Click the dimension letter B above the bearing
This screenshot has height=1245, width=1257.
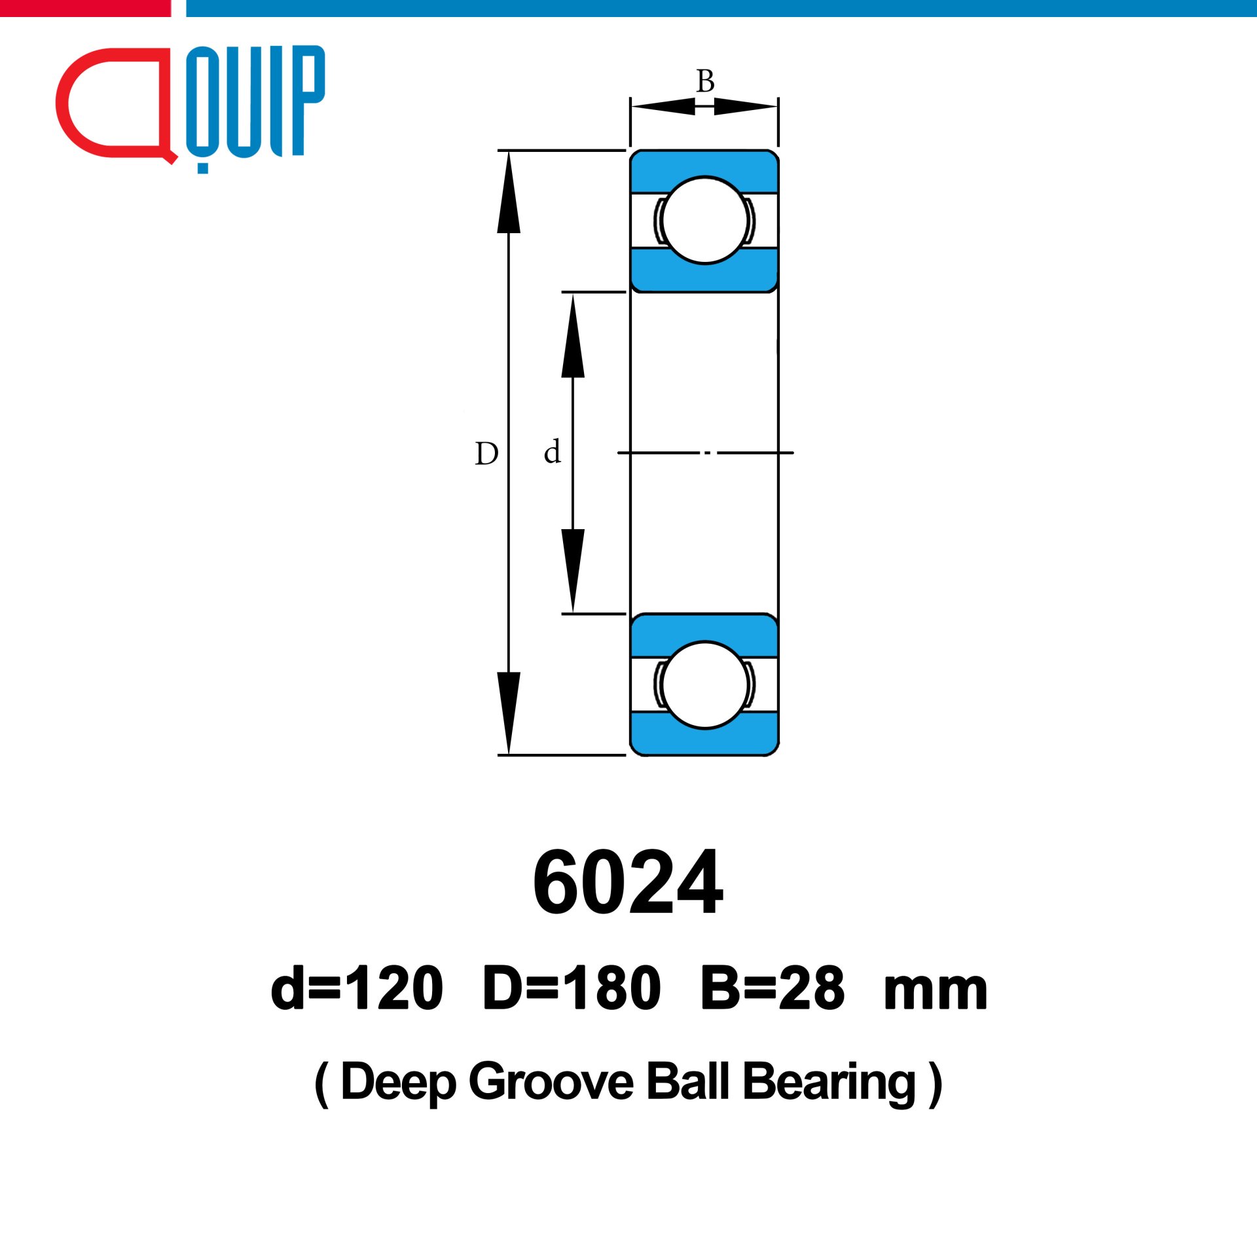[705, 81]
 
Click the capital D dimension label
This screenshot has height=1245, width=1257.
[486, 453]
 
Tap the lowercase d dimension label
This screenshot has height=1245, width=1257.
[552, 451]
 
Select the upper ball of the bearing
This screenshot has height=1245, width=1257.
[704, 220]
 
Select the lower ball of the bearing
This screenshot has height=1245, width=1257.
[704, 685]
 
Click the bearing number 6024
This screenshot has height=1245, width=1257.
[628, 882]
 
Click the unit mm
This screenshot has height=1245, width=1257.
[936, 993]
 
